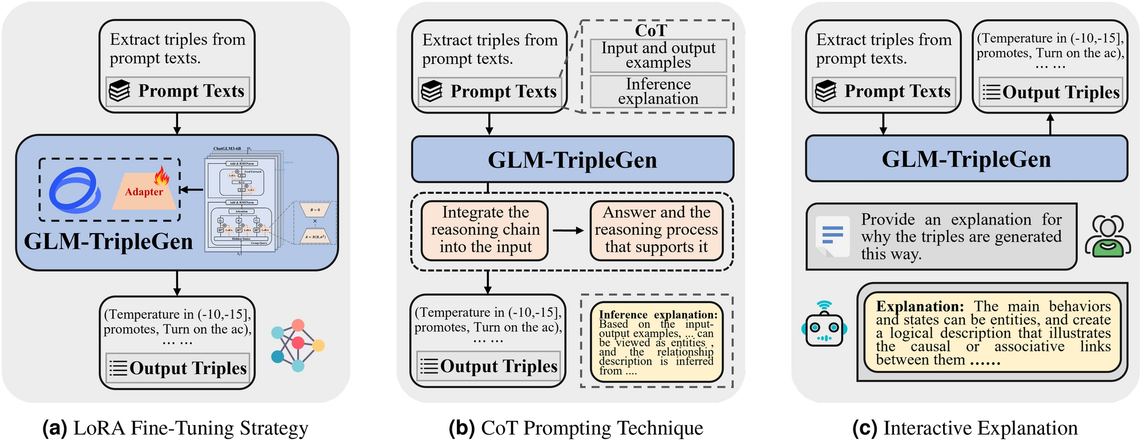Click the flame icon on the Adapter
tap(163, 177)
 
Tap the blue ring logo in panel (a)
tap(75, 190)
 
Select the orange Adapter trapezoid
tap(144, 193)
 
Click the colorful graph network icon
tap(297, 345)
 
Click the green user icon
tap(1107, 236)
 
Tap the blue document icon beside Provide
tap(832, 235)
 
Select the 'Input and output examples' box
tap(658, 55)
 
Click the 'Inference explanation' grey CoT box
tap(658, 91)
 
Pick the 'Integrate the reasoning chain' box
tap(485, 230)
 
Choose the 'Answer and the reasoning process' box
tap(656, 230)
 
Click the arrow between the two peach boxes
tap(568, 231)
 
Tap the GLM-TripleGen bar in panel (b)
tap(572, 160)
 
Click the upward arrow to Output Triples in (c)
tap(1050, 124)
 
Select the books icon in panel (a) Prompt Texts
tap(120, 91)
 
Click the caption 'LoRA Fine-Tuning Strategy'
tap(191, 428)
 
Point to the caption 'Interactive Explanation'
tap(980, 428)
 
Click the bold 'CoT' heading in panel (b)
tap(651, 30)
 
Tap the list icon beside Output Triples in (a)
tap(118, 368)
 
